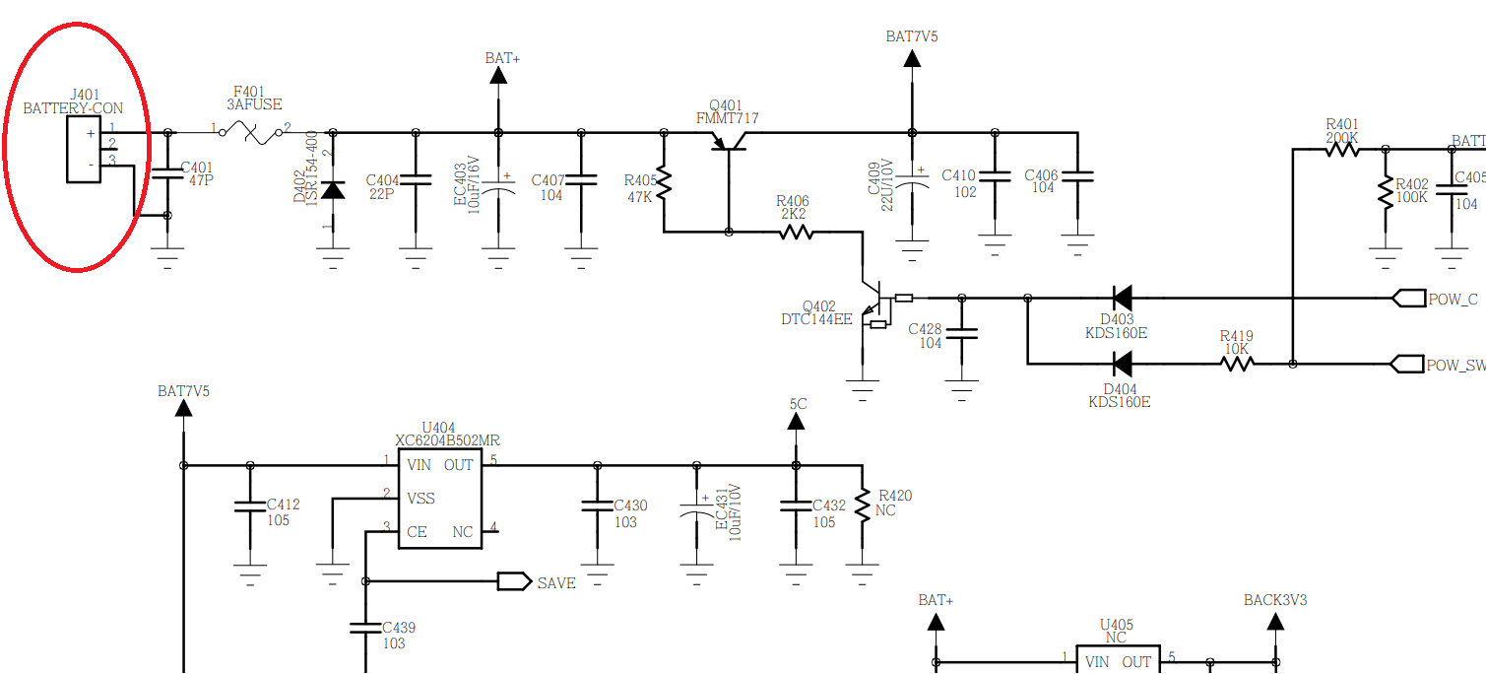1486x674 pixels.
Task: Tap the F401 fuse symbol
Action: coord(251,133)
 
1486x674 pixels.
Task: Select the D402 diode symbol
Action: coord(333,190)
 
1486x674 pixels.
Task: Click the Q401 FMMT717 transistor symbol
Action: coord(729,141)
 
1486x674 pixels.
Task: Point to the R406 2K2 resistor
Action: coord(796,232)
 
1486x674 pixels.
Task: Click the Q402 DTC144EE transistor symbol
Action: coord(871,304)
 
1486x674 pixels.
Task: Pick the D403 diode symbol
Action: coord(1123,298)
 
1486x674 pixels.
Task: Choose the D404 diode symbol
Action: coord(1123,364)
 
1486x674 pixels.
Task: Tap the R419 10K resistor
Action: coord(1237,364)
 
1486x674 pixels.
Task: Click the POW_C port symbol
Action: coord(1408,299)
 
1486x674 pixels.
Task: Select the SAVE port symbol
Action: coord(515,581)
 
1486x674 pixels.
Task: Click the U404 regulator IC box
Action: coord(440,498)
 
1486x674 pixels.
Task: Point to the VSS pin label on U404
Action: coord(420,498)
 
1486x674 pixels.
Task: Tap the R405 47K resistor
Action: coord(664,182)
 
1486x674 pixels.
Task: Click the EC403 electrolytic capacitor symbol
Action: coord(498,186)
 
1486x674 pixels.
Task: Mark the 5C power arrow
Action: coord(796,421)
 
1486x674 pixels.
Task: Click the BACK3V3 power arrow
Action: coord(1275,622)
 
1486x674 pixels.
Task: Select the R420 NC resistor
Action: coord(862,505)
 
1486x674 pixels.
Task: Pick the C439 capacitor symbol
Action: coord(365,628)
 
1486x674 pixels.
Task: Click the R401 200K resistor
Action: coord(1342,150)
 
